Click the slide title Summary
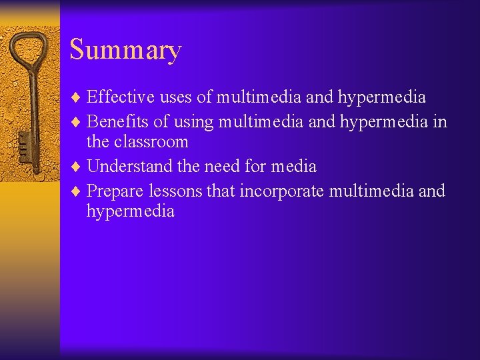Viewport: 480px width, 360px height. coord(125,51)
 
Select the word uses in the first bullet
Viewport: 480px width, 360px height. coord(176,97)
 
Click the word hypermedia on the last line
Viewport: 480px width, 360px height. coord(130,212)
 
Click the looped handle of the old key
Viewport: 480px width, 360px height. coord(29,53)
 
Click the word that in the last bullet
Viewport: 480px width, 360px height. coord(221,191)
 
